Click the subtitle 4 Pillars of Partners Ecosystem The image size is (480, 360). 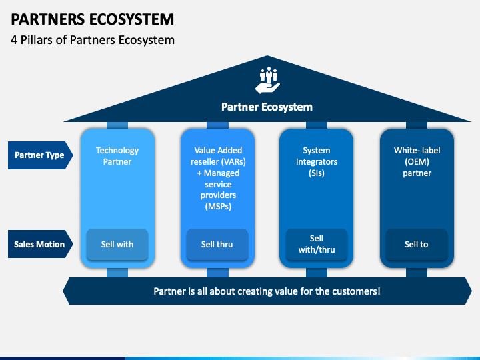(x=93, y=40)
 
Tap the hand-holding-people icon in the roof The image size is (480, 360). (x=267, y=79)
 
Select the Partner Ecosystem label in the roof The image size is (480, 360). (x=267, y=107)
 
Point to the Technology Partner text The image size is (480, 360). (x=117, y=156)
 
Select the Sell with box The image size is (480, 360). (x=117, y=244)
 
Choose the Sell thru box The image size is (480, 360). (x=217, y=244)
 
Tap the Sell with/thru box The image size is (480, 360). (x=317, y=244)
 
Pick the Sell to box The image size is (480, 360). (x=417, y=244)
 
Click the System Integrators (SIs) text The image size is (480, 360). (x=317, y=162)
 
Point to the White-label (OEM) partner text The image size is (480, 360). (x=417, y=162)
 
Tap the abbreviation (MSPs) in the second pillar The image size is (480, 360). (x=217, y=207)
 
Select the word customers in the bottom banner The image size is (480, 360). (x=355, y=291)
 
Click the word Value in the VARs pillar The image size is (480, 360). (x=206, y=151)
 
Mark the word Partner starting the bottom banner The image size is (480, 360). (x=171, y=291)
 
